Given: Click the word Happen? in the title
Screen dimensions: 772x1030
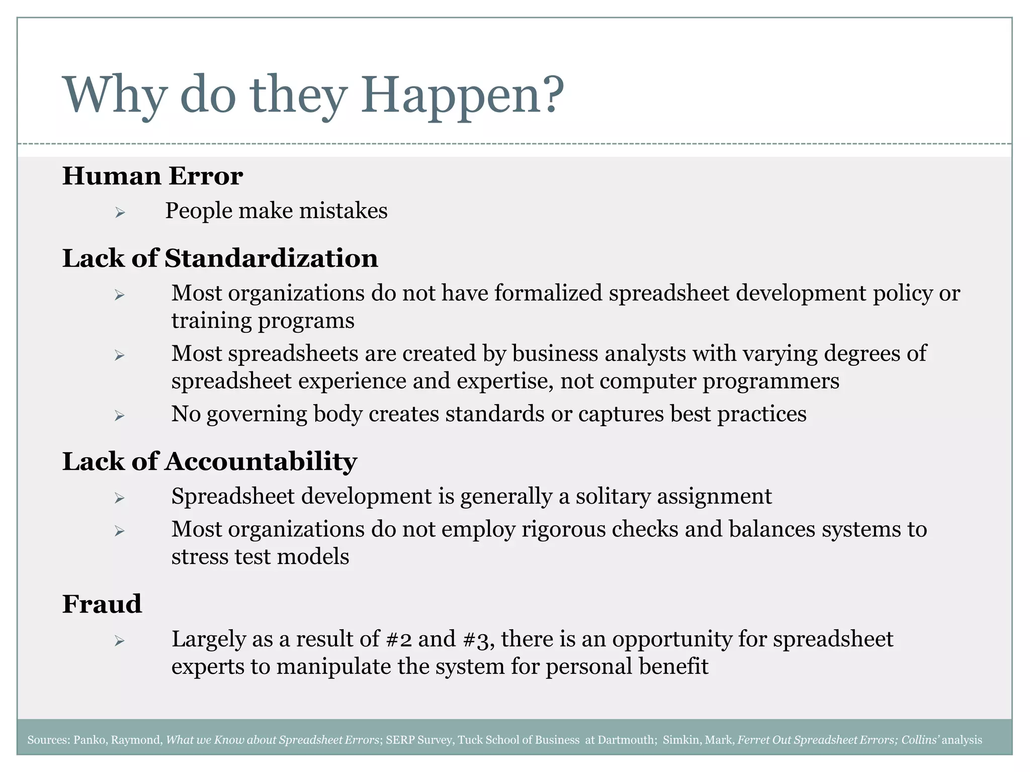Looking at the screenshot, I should point(462,95).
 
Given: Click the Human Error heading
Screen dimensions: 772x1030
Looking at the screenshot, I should point(152,176).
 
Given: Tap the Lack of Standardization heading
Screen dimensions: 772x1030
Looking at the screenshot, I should point(220,259).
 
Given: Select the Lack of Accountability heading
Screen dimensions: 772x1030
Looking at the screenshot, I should point(209,461).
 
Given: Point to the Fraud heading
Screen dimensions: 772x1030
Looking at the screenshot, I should point(102,604).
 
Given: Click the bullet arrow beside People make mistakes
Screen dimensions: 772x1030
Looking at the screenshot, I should point(119,213).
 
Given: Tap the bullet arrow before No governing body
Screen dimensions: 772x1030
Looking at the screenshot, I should point(119,416).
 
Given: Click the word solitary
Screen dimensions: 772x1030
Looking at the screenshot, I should point(613,497).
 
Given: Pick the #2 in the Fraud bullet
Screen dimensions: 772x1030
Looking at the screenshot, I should point(399,639).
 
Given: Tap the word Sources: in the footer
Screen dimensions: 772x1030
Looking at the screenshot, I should point(49,740).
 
